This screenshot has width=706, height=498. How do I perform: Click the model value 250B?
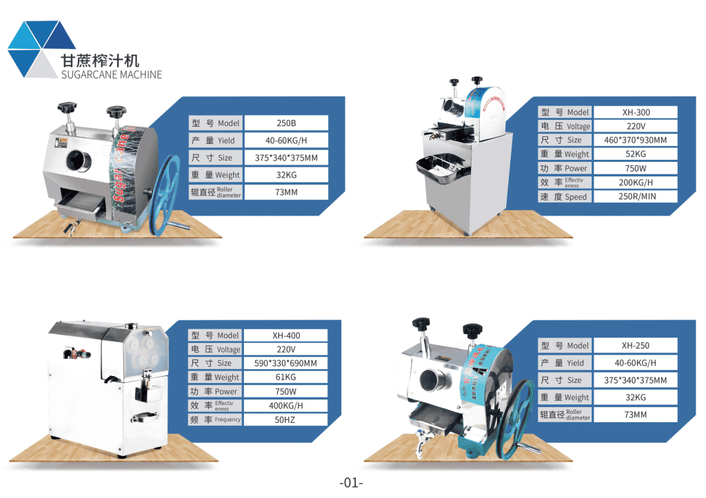[286, 123]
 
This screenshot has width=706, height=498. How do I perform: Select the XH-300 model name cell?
[636, 112]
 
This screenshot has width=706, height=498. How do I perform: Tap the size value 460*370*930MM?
[636, 141]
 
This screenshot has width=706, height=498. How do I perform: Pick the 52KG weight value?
[636, 154]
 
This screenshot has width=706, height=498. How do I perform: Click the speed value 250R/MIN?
[636, 197]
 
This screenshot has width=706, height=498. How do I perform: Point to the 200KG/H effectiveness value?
[636, 183]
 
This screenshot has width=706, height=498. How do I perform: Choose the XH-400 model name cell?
[286, 335]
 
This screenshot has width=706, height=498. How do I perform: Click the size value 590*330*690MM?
[286, 363]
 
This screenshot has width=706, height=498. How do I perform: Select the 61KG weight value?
[286, 377]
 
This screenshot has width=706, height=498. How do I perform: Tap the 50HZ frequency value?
[286, 419]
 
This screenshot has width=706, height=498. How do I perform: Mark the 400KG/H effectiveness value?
[286, 406]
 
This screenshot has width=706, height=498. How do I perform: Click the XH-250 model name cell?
[635, 346]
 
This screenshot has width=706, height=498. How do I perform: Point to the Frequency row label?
[215, 419]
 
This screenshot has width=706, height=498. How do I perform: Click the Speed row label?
[564, 197]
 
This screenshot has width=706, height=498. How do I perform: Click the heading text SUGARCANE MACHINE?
[112, 74]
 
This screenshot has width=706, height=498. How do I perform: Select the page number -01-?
[351, 483]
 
